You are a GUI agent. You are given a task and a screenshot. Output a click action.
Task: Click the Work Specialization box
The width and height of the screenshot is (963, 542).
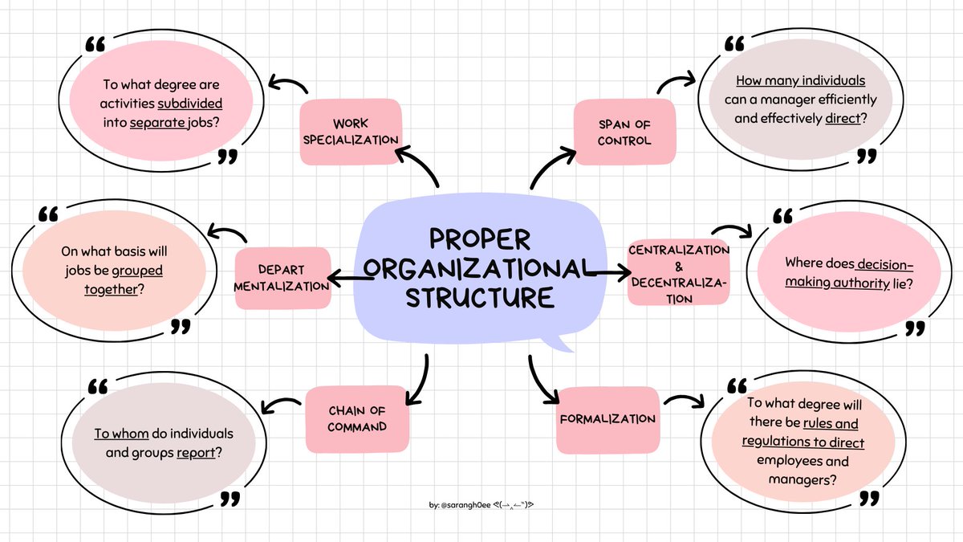coord(350,132)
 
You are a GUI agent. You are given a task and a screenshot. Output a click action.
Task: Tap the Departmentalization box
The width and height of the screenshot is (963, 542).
coord(282,277)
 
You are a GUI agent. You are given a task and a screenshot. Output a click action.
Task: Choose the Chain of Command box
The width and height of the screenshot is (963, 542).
coord(357,419)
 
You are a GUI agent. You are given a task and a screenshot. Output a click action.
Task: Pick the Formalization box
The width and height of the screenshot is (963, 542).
coord(607,419)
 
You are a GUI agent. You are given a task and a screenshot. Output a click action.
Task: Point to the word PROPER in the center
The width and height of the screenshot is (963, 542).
coord(480,239)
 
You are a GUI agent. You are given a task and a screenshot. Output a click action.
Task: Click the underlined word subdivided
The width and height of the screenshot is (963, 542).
coord(190,104)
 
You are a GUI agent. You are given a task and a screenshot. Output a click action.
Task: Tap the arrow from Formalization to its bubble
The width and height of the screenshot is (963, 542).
coord(683,401)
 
